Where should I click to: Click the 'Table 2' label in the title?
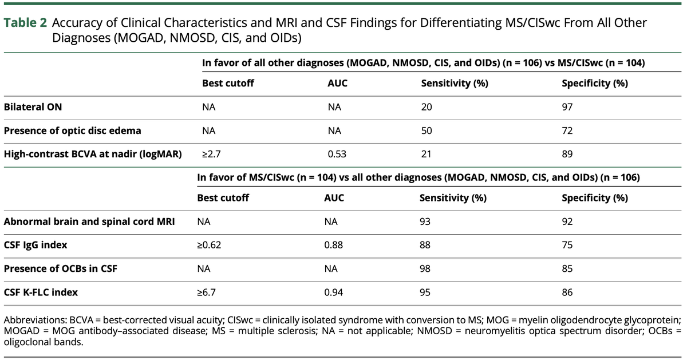pos(25,23)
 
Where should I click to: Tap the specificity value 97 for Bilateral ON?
pos(568,107)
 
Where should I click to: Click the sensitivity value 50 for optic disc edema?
pos(427,130)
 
